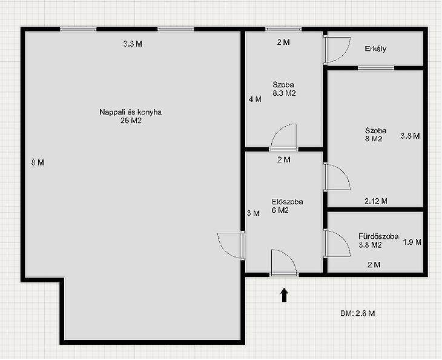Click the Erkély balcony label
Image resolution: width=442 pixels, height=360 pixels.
[375, 49]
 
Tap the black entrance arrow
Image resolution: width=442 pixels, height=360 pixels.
[284, 295]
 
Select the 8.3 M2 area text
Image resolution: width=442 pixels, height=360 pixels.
[284, 93]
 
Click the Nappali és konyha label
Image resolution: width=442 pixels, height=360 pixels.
[131, 112]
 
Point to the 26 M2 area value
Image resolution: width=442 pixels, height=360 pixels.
[131, 121]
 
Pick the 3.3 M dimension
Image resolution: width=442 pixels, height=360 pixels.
[133, 44]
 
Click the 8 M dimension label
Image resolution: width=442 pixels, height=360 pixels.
[38, 162]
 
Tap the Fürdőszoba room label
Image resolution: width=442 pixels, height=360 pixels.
[378, 236]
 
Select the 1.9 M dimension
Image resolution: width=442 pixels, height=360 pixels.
[412, 242]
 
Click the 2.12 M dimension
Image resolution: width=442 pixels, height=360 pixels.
[376, 201]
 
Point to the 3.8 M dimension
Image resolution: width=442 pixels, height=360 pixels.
[410, 136]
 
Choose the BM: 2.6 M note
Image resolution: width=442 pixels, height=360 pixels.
[357, 313]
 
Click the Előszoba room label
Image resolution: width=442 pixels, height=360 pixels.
[287, 202]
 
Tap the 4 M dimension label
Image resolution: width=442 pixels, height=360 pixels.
[255, 99]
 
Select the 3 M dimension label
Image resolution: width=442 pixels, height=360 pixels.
[253, 213]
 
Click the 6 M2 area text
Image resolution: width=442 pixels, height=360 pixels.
[280, 210]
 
